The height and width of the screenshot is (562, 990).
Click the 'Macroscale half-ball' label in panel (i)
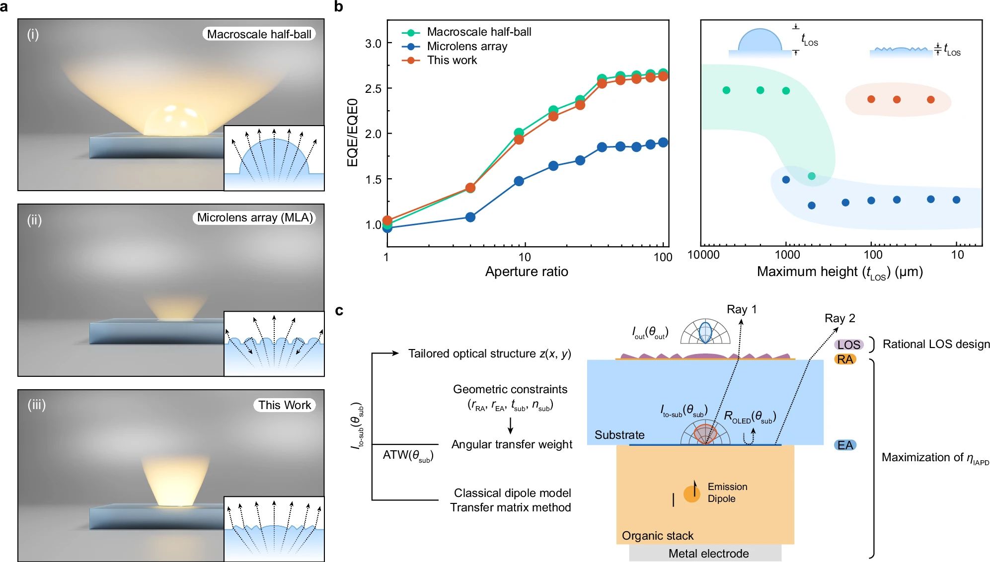tap(259, 34)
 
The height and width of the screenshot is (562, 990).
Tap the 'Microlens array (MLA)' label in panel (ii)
tap(254, 217)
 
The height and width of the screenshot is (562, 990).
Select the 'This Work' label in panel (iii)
tap(284, 405)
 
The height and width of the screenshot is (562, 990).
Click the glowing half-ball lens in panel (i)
tap(175, 121)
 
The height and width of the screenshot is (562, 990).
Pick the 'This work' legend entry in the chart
tap(452, 60)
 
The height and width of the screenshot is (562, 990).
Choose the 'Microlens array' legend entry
tap(467, 46)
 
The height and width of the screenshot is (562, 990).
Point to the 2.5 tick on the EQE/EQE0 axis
tap(373, 89)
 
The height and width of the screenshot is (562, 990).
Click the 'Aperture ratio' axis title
tap(527, 272)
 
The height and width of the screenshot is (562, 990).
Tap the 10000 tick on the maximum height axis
tap(703, 255)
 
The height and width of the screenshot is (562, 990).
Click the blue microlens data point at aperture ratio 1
tap(387, 228)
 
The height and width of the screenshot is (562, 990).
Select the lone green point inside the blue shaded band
tap(812, 176)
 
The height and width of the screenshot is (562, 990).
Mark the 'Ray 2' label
tap(839, 318)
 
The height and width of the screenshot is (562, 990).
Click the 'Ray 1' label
tap(741, 309)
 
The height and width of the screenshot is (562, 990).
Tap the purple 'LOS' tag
tap(848, 345)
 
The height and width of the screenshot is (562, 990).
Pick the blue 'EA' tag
tap(845, 445)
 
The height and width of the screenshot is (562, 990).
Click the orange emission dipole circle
tap(691, 493)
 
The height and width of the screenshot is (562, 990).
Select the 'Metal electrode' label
tap(708, 554)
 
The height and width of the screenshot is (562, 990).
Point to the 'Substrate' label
tap(619, 435)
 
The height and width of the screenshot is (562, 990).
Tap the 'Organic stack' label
tap(657, 536)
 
